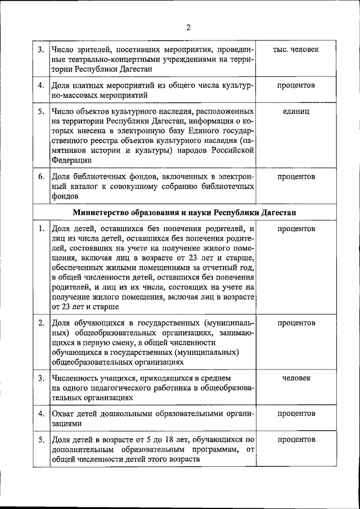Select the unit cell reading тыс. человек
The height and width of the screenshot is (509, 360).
pos(295,49)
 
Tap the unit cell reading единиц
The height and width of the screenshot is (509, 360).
pos(295,111)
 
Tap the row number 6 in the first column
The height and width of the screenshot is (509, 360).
pos(40,177)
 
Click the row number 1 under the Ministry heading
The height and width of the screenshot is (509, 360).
pos(40,229)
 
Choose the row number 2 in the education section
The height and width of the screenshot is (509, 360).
pos(40,323)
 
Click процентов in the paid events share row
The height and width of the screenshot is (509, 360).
pos(295,85)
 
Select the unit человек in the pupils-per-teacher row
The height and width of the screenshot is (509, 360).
pos(295,377)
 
